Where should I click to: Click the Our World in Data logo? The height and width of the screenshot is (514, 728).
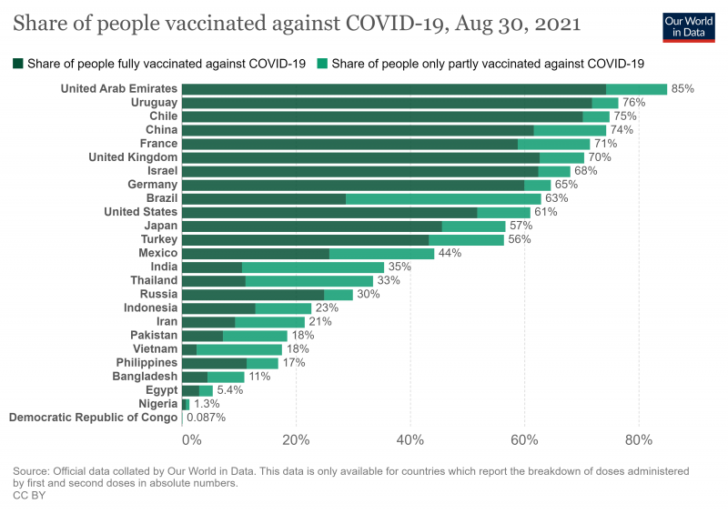point(689,25)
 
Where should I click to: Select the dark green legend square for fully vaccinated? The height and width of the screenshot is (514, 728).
point(17,64)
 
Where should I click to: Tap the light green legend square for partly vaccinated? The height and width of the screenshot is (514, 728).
point(322,64)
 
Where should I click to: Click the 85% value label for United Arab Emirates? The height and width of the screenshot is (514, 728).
point(682,89)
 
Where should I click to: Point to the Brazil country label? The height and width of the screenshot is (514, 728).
point(161,198)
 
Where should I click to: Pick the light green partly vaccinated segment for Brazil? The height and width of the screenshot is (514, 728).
point(443,198)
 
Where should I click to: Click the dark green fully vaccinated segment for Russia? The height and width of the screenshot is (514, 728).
point(253,294)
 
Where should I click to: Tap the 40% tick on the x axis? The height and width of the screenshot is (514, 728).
point(410,440)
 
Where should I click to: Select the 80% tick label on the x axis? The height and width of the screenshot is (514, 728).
point(639,440)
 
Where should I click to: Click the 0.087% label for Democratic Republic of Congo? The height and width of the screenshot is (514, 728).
point(206,418)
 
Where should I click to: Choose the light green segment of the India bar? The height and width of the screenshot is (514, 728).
point(313,267)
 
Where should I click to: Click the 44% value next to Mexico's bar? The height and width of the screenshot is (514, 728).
point(450,253)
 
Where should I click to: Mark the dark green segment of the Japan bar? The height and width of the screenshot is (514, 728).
point(311,226)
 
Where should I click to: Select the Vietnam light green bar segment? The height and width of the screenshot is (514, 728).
point(239,348)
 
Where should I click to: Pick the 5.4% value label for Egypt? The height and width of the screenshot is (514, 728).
point(231,389)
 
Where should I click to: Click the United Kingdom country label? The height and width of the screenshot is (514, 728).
point(132,157)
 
